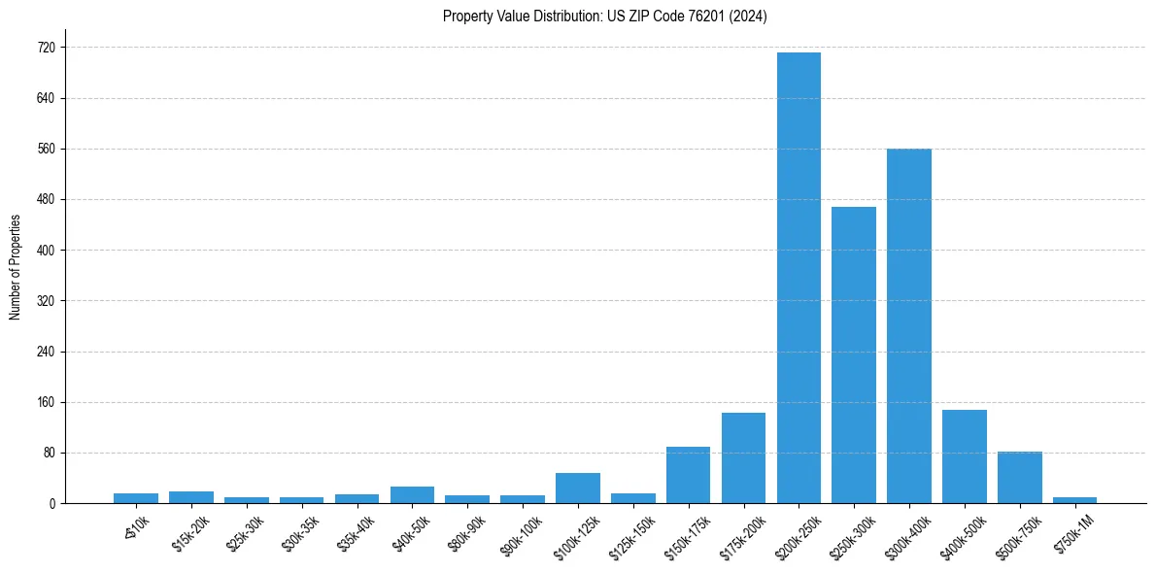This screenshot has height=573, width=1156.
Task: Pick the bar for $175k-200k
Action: [x=743, y=458]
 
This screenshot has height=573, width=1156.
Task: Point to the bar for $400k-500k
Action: [x=964, y=456]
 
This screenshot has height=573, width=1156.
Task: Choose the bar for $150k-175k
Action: [x=688, y=475]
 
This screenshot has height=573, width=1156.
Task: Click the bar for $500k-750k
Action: [x=1019, y=478]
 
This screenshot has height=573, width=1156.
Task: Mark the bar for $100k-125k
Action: [x=578, y=489]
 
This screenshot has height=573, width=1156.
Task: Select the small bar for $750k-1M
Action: [x=1074, y=500]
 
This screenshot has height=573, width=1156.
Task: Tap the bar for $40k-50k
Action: [x=412, y=495]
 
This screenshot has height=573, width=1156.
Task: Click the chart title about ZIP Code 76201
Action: [x=604, y=17]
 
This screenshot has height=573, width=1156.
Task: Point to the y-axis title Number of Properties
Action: [x=16, y=267]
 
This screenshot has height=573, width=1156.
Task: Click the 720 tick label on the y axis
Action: [x=46, y=48]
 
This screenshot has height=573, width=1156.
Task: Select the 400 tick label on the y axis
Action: [x=46, y=251]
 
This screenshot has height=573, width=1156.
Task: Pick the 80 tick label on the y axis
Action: [x=49, y=454]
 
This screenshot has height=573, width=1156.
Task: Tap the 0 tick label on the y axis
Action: [x=51, y=504]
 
